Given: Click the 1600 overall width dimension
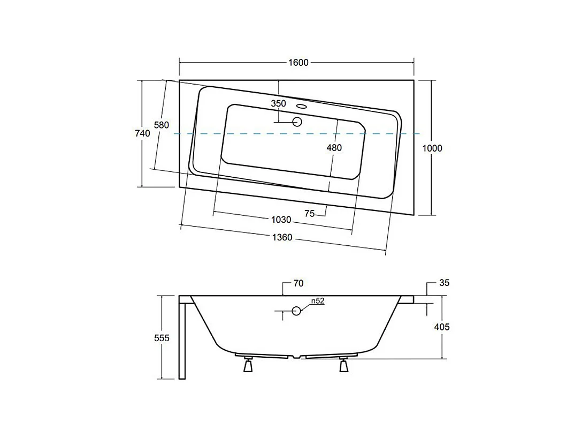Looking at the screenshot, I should pyautogui.click(x=298, y=63).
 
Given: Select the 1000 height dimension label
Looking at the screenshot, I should pyautogui.click(x=432, y=148).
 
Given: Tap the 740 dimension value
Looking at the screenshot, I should pyautogui.click(x=143, y=134).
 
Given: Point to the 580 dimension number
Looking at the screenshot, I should pyautogui.click(x=162, y=125).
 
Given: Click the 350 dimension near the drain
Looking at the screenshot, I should pyautogui.click(x=278, y=103).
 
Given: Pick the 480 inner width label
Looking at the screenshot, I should pyautogui.click(x=334, y=148).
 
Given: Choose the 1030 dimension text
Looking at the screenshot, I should pyautogui.click(x=281, y=220).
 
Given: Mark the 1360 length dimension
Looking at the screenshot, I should pyautogui.click(x=282, y=237).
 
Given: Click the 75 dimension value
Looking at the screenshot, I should pyautogui.click(x=309, y=213).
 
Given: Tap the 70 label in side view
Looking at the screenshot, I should pyautogui.click(x=298, y=283).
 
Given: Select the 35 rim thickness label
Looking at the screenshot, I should pyautogui.click(x=444, y=283).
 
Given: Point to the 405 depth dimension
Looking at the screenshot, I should pyautogui.click(x=442, y=327).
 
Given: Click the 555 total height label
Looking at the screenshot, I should pyautogui.click(x=162, y=338).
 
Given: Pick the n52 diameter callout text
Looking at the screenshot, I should pyautogui.click(x=318, y=301).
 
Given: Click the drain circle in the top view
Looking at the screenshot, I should pyautogui.click(x=297, y=122).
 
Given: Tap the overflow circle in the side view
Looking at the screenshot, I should pyautogui.click(x=297, y=311).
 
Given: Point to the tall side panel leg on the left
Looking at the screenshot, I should pyautogui.click(x=182, y=340).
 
